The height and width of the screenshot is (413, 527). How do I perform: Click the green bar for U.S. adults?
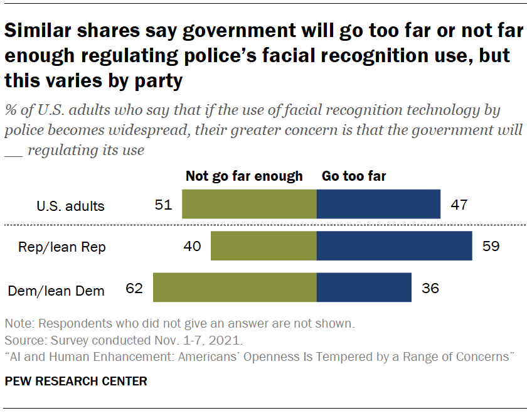(249, 204)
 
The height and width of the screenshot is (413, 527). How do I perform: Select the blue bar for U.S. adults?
(378, 204)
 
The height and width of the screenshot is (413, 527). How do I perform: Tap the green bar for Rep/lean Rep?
(263, 245)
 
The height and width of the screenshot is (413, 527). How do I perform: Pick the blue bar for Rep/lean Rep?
(394, 245)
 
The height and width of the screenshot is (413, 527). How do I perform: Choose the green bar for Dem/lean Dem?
(235, 287)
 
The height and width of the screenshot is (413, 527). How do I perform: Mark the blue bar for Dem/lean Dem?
(364, 287)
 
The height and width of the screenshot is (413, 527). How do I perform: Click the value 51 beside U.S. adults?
(163, 205)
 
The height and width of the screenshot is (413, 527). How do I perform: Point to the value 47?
(459, 205)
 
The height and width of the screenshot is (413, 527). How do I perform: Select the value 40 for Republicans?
(192, 246)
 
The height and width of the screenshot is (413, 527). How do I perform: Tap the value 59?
(491, 246)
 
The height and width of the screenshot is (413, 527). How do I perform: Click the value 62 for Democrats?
(134, 288)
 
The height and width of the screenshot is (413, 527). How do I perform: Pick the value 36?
(430, 288)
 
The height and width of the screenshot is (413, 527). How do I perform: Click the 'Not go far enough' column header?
(244, 176)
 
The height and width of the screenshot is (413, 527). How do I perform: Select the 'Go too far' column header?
(354, 176)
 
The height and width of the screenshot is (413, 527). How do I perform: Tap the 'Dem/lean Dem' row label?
(56, 291)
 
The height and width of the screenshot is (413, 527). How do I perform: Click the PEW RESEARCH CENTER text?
(76, 381)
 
